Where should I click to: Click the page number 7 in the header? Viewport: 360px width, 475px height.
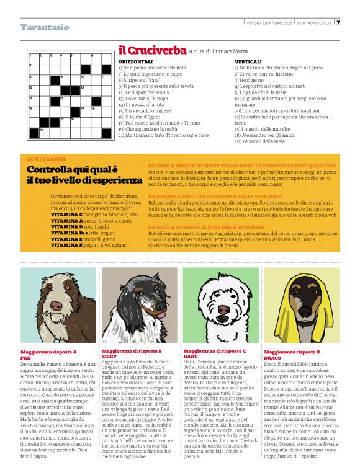point(338,23)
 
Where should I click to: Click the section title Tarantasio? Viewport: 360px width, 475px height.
point(45,27)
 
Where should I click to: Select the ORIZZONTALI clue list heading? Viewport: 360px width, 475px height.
point(134,62)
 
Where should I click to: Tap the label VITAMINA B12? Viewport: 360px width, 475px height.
point(66,233)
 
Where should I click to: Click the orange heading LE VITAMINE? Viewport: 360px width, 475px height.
point(47,159)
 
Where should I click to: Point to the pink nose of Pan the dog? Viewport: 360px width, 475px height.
point(57,306)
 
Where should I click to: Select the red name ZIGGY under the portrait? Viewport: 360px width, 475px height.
point(109,358)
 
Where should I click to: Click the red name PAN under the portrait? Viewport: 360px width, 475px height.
point(25,358)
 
